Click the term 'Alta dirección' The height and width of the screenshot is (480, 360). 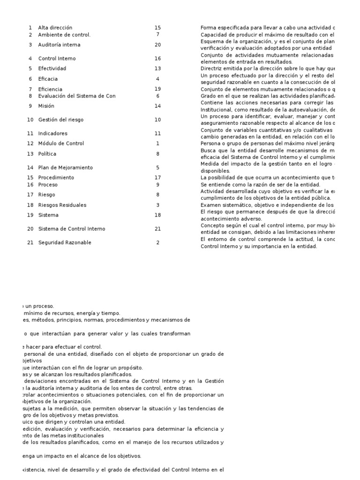pos(55,28)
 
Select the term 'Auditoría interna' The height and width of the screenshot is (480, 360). pos(59,45)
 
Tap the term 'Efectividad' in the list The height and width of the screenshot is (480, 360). pos(52,68)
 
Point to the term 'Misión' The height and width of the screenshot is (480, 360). pos(46,106)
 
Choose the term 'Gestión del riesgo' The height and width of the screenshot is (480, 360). pos(61,120)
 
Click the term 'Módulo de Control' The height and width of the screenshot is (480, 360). pos(61,143)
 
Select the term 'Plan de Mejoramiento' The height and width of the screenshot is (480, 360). pos(66,167)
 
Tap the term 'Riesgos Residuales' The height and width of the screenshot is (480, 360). pos(62,205)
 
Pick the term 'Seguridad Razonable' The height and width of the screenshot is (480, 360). pos(65,242)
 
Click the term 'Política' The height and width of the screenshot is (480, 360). pos(47,154)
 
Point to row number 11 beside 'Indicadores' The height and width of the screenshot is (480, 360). pos(30,133)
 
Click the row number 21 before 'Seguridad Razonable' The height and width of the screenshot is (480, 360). pos(30,242)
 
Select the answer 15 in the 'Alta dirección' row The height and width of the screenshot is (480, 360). pos(157,28)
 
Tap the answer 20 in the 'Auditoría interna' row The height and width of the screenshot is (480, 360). pos(157,45)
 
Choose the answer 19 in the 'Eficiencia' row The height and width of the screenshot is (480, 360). pos(157,89)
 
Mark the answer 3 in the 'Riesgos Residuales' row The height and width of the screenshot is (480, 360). pos(157,205)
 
